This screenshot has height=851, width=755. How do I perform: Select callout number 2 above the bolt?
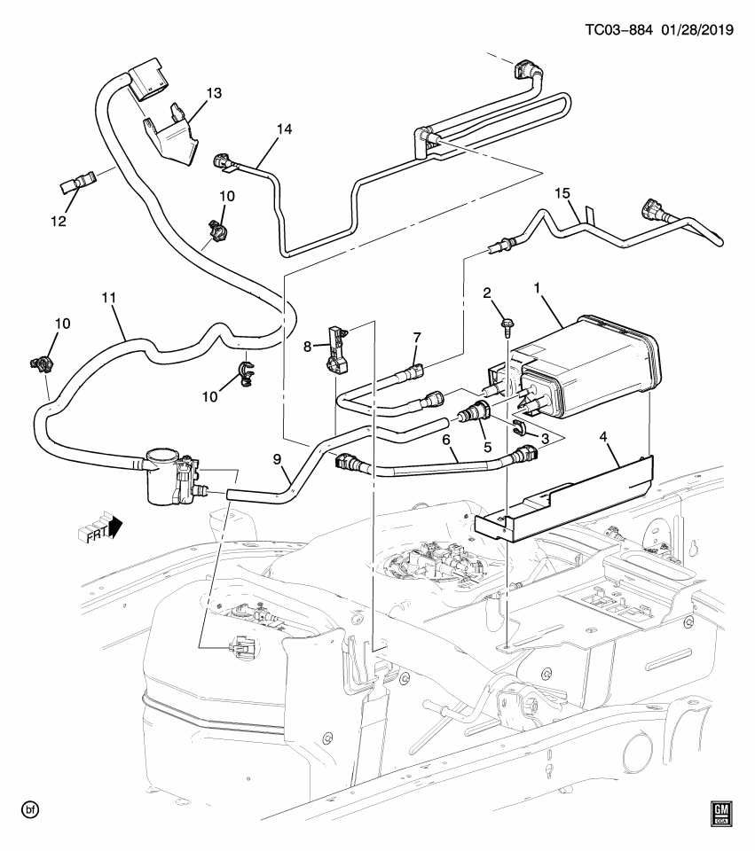point(486,293)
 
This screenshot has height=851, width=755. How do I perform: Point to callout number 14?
point(283,129)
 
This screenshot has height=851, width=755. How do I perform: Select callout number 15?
point(561,193)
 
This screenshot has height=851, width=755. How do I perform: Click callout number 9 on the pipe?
point(276,461)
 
